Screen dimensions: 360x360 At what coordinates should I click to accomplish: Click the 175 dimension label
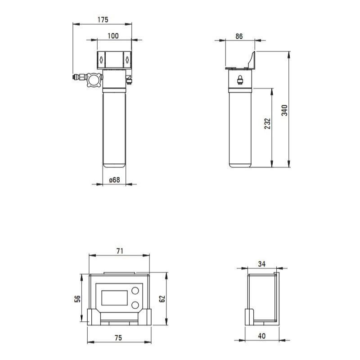[103, 20]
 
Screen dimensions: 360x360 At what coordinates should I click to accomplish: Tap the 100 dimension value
[113, 36]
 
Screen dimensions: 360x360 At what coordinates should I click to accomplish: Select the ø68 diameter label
[115, 180]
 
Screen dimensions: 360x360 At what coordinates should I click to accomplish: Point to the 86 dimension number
[239, 36]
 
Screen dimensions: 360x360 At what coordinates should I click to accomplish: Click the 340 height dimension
[285, 110]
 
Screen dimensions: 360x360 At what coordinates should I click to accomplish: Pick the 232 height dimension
[268, 123]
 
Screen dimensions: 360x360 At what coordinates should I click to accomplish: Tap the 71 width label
[120, 251]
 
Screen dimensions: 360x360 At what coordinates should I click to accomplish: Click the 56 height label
[77, 299]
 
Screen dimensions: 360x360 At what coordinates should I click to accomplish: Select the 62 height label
[162, 299]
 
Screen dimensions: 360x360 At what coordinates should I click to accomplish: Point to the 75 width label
[118, 338]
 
